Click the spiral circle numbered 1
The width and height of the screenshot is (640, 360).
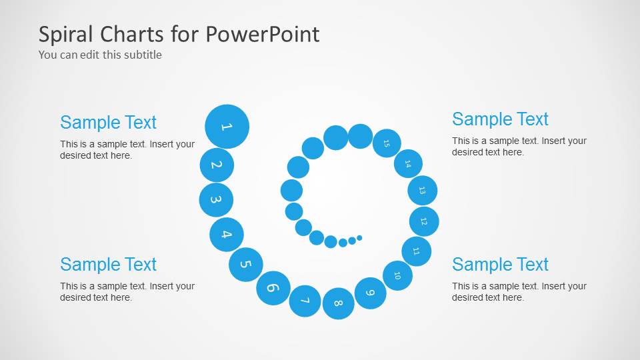(x=227, y=126)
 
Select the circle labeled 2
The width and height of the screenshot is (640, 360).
(x=217, y=165)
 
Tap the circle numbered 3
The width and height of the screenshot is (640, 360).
(x=216, y=199)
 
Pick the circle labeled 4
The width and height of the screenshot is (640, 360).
(x=227, y=234)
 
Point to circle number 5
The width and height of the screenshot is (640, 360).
(x=245, y=264)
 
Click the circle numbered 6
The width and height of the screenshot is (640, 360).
(x=273, y=288)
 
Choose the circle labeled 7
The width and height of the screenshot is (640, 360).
(x=305, y=301)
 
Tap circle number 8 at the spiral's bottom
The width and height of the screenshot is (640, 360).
(x=339, y=303)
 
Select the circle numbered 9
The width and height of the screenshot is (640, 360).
(x=371, y=293)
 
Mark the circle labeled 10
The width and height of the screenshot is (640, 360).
(x=397, y=275)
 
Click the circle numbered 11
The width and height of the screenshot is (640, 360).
(x=416, y=251)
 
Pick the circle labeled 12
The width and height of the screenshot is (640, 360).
(x=424, y=221)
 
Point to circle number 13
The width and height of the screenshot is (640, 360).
(x=422, y=190)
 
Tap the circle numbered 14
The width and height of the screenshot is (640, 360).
(x=408, y=163)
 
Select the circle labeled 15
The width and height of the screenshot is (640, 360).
(x=387, y=143)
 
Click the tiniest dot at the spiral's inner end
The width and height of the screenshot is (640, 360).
(x=359, y=237)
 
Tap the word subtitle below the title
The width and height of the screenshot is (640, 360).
(x=141, y=55)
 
